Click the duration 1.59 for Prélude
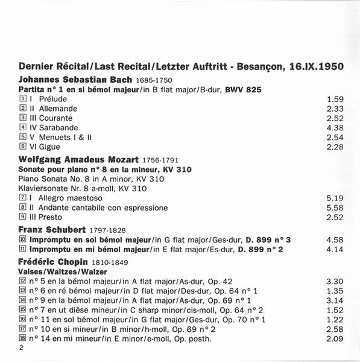pos(333,98)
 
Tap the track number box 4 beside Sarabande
pos(22,127)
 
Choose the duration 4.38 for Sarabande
pos(333,127)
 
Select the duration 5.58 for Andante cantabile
pos(333,208)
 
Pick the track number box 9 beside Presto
pos(22,218)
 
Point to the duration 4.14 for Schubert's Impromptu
pos(333,249)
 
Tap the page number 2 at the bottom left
pos(21,350)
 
